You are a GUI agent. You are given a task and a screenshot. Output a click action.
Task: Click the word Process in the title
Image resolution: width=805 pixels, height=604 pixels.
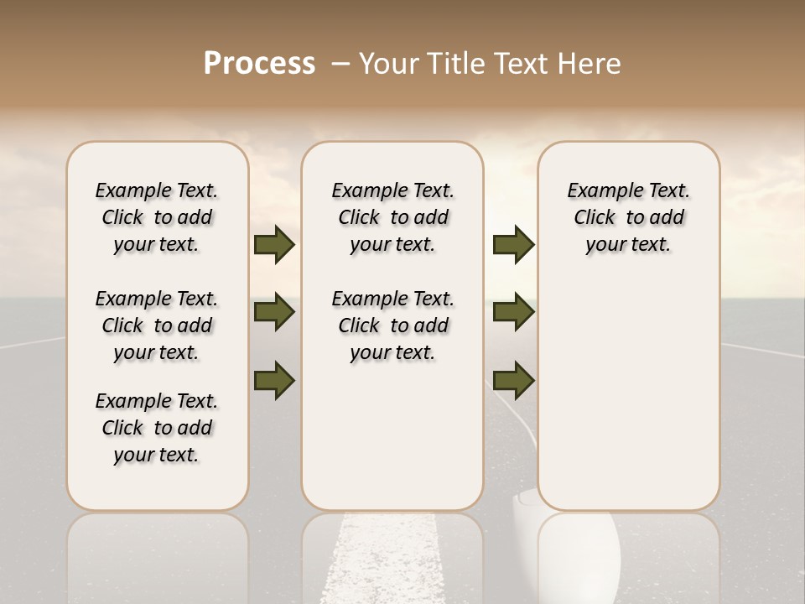[x=259, y=63]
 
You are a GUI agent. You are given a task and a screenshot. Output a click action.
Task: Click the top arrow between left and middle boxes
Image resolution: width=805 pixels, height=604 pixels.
[x=274, y=244]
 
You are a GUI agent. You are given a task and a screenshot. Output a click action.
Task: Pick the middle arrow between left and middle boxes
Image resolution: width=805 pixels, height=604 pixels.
[x=274, y=312]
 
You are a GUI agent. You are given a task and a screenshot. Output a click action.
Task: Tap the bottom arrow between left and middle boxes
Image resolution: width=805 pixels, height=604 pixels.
[x=274, y=380]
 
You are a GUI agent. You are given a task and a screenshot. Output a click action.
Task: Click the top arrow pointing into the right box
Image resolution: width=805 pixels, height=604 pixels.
[x=513, y=244]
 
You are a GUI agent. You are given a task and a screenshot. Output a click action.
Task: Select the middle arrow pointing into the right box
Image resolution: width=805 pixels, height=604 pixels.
[x=513, y=312]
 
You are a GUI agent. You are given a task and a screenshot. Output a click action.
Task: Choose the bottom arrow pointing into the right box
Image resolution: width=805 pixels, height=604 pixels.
[x=513, y=380]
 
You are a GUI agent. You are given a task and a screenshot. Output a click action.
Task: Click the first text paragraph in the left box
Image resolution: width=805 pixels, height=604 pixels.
[x=157, y=217]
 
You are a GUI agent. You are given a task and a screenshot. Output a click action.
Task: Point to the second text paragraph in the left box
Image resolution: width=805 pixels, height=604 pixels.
[x=157, y=325]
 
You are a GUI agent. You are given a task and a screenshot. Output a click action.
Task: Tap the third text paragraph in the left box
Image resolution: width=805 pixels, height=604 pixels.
[x=157, y=428]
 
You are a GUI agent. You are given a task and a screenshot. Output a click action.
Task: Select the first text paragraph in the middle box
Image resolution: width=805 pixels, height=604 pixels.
[x=393, y=217]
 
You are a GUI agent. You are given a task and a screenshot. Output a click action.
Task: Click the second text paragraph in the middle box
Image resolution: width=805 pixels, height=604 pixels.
[x=393, y=325]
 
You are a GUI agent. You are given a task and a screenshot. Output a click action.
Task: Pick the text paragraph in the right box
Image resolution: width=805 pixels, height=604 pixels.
[x=629, y=217]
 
